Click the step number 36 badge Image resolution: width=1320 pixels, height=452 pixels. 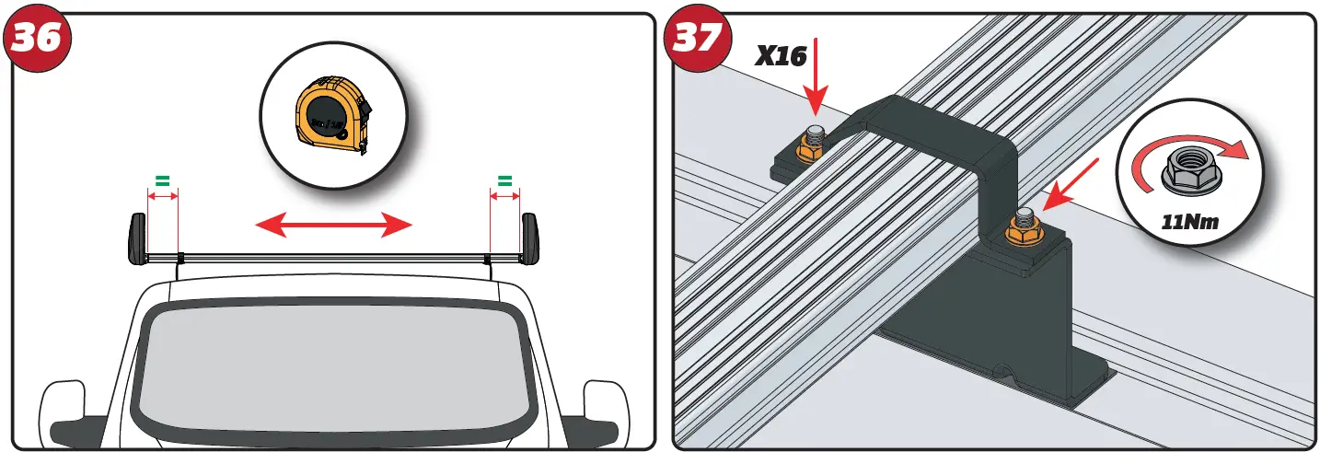38,38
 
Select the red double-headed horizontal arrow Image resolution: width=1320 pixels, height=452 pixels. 332,223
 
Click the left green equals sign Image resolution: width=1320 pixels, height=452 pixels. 162,180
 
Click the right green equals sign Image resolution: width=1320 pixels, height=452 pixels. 504,180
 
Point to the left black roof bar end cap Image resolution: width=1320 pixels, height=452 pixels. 136,238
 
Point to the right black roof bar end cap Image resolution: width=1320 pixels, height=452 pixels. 529,238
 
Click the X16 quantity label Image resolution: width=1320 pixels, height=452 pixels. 781,56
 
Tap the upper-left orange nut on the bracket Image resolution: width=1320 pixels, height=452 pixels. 812,144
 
